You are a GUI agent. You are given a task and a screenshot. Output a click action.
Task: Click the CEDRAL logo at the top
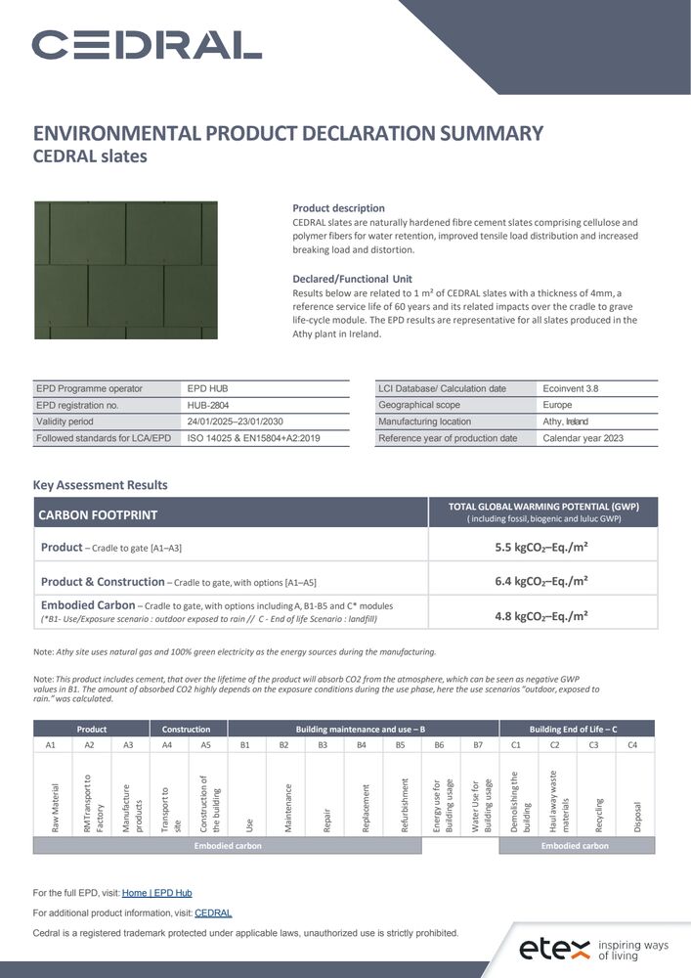click(147, 44)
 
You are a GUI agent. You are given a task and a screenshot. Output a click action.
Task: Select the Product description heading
click(338, 208)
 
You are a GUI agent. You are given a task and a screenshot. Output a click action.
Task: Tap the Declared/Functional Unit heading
click(352, 279)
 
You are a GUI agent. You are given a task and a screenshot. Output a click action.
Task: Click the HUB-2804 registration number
click(208, 405)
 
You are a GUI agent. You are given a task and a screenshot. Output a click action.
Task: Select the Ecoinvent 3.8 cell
click(571, 388)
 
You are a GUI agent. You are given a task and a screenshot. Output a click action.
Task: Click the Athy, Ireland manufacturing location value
click(565, 422)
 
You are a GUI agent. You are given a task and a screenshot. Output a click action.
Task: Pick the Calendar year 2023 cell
click(583, 438)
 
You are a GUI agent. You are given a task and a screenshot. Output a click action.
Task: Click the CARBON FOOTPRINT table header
click(98, 514)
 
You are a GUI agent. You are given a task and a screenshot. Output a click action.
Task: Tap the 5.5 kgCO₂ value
click(541, 548)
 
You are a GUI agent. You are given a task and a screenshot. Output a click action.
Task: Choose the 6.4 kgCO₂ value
click(541, 581)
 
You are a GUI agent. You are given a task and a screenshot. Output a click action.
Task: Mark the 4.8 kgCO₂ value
click(541, 616)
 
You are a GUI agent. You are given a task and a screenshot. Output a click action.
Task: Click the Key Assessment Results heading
click(101, 485)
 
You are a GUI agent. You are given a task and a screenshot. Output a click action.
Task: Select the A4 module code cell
click(167, 745)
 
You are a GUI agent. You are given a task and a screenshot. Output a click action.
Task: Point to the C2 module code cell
click(555, 745)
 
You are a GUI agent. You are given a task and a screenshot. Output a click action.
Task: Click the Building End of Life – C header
click(574, 730)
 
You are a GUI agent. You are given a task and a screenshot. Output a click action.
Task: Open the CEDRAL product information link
click(213, 913)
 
